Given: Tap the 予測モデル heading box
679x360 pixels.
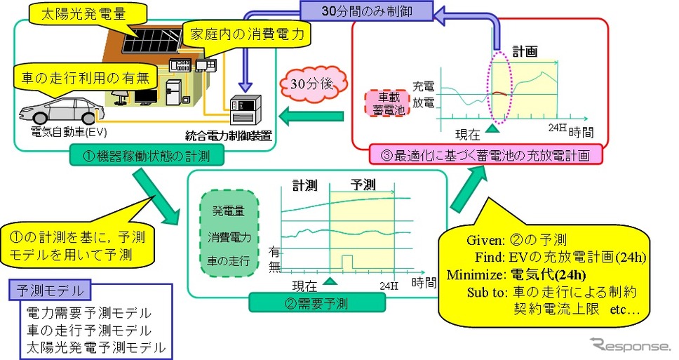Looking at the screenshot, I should pyautogui.click(x=50, y=290).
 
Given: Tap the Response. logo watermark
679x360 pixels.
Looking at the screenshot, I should pyautogui.click(x=630, y=345).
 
